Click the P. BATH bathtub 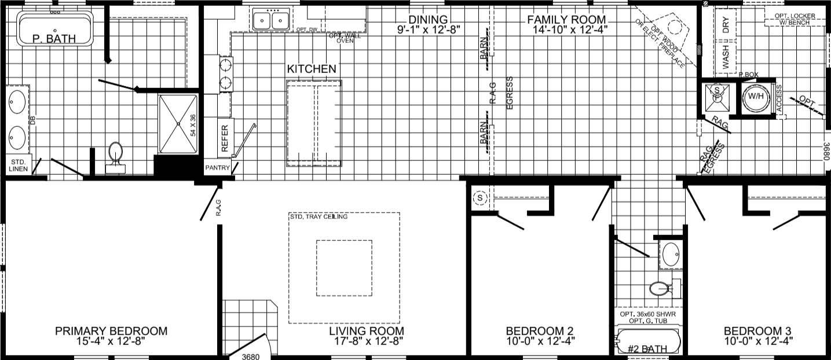[x=55, y=29]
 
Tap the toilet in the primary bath [x=116, y=156]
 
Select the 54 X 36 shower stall [x=179, y=124]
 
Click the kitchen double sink [x=270, y=21]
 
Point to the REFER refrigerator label [x=224, y=138]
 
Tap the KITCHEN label [x=312, y=69]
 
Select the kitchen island [x=313, y=123]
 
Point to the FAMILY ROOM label [x=566, y=20]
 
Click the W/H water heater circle [x=755, y=96]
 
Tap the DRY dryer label [x=726, y=25]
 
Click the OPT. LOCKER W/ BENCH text [x=795, y=19]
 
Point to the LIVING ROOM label [x=367, y=331]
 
